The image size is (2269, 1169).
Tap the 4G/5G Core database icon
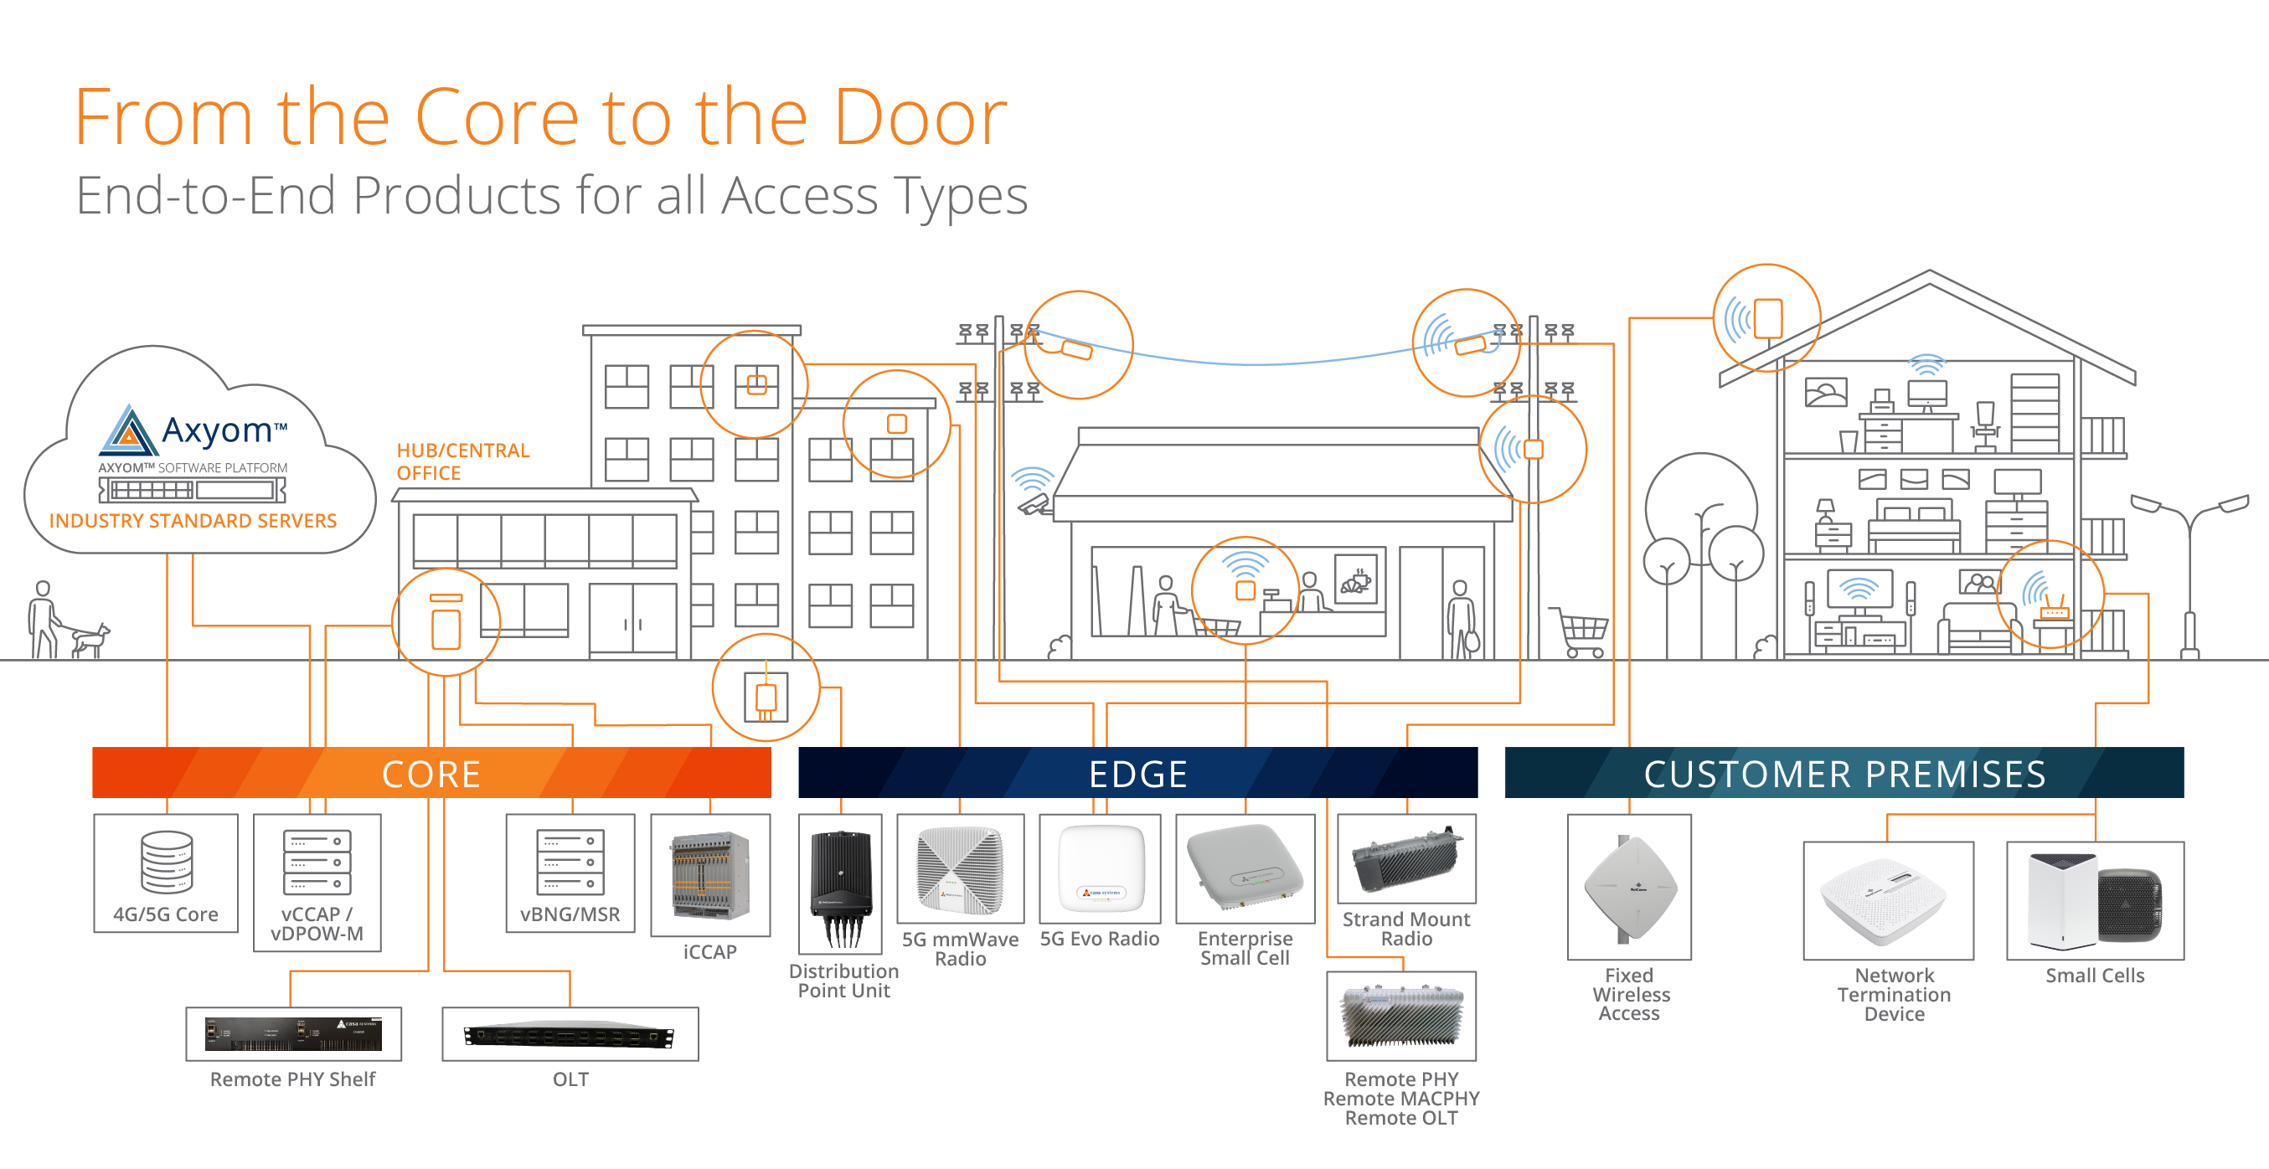[167, 862]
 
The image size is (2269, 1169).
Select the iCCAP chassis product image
[710, 877]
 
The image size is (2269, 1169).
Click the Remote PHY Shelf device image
[293, 1034]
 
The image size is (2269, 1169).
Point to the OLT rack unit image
[570, 1036]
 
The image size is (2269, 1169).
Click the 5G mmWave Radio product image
[960, 870]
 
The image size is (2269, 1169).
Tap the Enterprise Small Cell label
[1245, 949]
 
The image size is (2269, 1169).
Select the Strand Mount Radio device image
[1406, 858]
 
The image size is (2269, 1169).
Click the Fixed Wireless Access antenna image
[1630, 887]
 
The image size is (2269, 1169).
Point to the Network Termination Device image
[1888, 901]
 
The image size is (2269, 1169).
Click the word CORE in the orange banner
[431, 775]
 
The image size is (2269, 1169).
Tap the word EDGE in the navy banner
[1138, 775]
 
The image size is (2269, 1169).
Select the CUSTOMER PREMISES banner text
[1844, 775]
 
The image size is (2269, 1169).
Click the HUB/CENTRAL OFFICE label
[462, 461]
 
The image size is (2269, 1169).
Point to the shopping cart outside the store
[1582, 631]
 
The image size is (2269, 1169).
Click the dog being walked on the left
[90, 640]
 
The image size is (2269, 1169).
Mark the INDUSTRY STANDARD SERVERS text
[193, 521]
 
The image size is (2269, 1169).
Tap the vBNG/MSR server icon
[570, 863]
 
